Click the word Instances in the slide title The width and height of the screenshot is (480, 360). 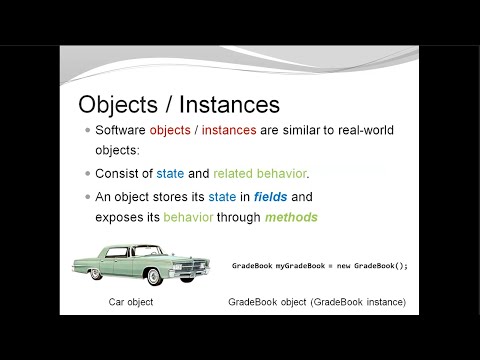[229, 104]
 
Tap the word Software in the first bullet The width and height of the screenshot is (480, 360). [120, 130]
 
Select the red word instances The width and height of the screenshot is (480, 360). [229, 130]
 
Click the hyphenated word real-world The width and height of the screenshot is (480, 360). [366, 130]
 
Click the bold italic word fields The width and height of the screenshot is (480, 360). [270, 197]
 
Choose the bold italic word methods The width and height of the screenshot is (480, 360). [291, 217]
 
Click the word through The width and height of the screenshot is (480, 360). [239, 217]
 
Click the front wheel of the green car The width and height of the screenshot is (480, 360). [154, 277]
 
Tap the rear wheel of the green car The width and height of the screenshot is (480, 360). [96, 274]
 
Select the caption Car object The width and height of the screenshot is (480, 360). [131, 302]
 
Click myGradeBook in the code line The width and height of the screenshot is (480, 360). [300, 266]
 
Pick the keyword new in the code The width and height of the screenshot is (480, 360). [343, 266]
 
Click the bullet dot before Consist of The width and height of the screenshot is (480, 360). [88, 174]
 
